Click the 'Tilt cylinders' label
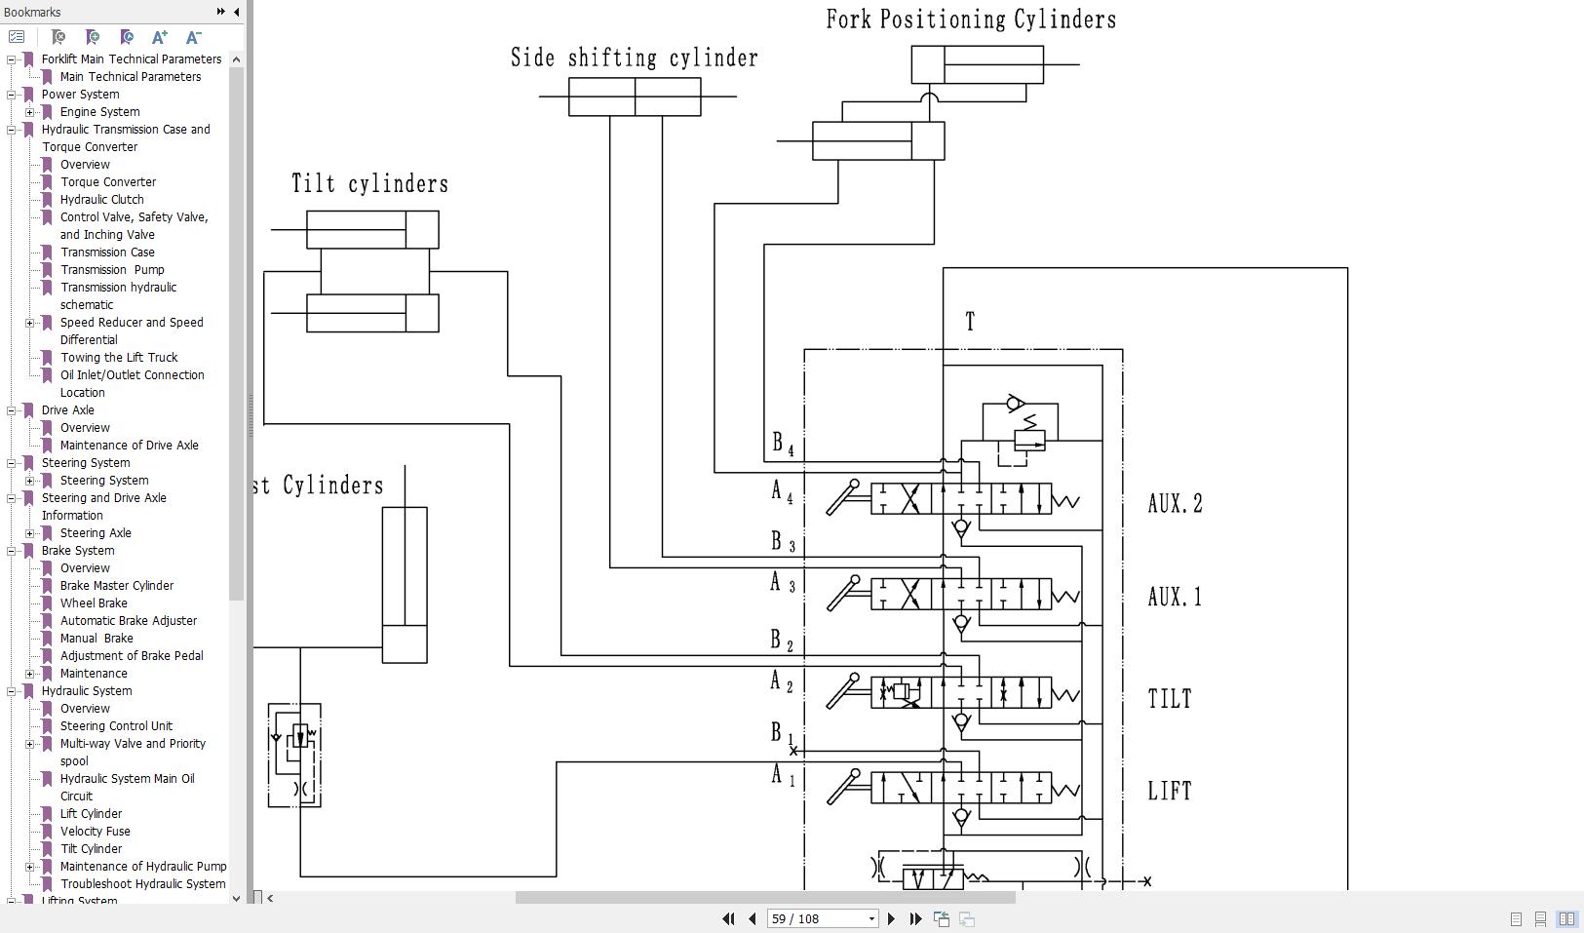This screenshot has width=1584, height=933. (x=370, y=184)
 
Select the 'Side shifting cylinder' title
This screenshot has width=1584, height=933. (x=635, y=58)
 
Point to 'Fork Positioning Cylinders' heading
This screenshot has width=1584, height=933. (x=971, y=19)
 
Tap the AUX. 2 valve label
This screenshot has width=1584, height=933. (x=1175, y=504)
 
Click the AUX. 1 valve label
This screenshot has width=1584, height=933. (x=1175, y=597)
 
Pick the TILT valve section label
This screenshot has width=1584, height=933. (x=1170, y=699)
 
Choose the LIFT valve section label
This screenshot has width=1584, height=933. (x=1170, y=791)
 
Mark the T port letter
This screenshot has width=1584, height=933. (x=970, y=322)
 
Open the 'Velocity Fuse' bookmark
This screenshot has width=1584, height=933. (x=95, y=832)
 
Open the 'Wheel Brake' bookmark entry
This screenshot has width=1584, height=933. (x=94, y=603)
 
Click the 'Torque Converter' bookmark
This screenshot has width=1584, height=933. (x=108, y=182)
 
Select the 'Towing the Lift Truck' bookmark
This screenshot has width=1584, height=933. (x=119, y=358)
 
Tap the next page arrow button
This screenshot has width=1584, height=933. (x=891, y=918)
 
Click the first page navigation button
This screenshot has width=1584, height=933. (x=728, y=918)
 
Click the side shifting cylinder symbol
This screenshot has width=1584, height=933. (x=635, y=97)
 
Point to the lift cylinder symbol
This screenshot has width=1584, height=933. (x=405, y=585)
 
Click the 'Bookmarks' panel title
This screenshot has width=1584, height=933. (x=32, y=12)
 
